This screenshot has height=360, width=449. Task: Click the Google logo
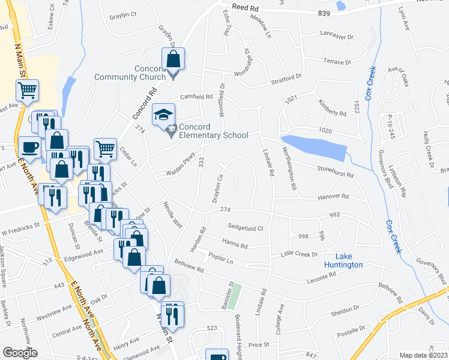point(20,353)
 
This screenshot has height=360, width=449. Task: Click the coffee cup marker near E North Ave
point(29,147)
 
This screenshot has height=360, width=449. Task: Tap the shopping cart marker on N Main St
point(27,91)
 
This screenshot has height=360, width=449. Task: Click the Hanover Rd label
point(333,196)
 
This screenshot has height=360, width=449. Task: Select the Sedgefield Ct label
point(246,227)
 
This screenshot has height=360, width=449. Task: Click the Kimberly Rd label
point(332,108)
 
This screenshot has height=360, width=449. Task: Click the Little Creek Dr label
point(299,254)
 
